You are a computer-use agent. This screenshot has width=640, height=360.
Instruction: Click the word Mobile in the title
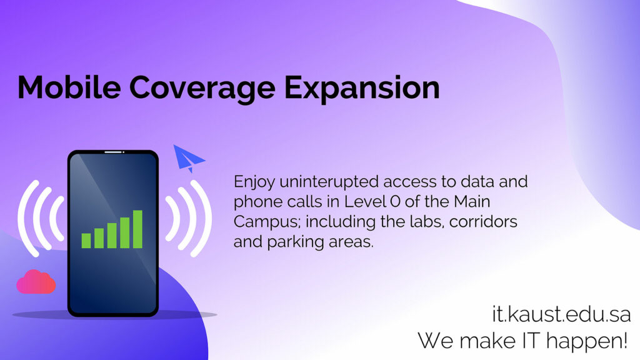69,87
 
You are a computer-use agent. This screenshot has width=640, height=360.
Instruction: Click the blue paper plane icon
189,158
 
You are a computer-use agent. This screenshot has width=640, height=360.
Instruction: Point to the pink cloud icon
36,282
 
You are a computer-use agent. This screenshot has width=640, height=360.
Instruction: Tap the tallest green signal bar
137,229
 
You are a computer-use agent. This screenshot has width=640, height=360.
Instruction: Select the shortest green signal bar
86,241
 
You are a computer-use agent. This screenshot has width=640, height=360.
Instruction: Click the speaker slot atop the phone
114,152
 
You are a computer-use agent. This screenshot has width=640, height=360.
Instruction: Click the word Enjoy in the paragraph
254,182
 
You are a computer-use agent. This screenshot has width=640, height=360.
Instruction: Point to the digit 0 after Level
395,201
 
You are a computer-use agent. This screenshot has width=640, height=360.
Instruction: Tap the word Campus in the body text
267,222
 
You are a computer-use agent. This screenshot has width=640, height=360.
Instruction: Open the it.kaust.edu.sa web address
561,314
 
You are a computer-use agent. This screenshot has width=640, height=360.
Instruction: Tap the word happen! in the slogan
586,341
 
